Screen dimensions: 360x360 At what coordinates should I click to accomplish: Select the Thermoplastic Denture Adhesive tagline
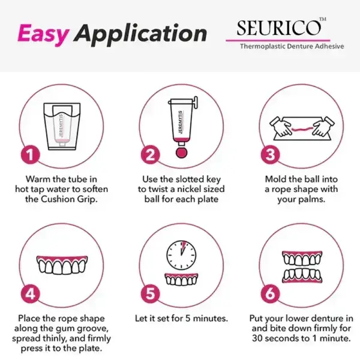click(292, 46)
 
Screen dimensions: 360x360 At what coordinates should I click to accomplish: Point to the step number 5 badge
click(151, 294)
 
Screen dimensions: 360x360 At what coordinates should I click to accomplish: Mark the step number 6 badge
click(272, 294)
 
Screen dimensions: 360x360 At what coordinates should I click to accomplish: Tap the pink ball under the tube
click(179, 149)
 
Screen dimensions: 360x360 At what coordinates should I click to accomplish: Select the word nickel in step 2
click(185, 190)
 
